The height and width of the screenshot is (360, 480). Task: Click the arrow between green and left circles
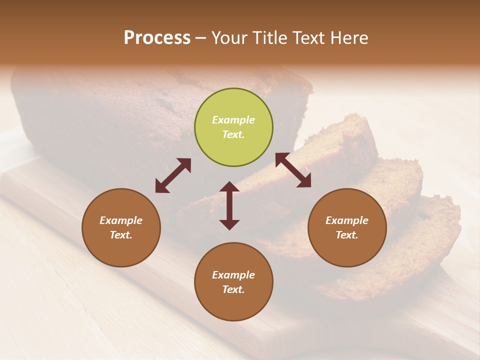[173, 175]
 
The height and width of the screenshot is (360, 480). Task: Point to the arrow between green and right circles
[293, 170]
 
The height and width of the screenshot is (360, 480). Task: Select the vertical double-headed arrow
[229, 205]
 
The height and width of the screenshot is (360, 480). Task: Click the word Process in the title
[157, 37]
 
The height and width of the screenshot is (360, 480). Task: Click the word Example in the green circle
[233, 120]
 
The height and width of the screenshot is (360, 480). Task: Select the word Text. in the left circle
[121, 235]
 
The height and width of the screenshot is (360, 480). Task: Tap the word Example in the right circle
[347, 220]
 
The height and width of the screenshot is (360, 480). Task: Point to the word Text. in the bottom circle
[233, 289]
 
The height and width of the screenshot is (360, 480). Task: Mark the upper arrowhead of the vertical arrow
[229, 187]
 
